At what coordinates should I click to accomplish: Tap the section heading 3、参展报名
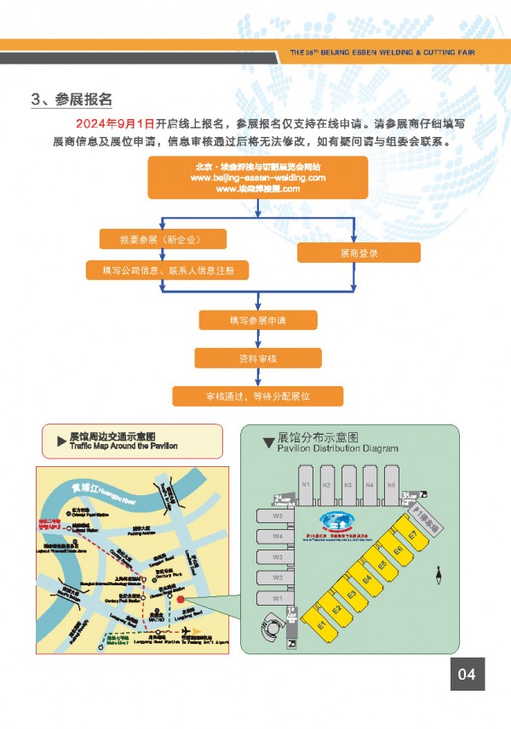tap(72, 100)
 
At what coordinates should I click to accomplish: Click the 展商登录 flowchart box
tap(359, 253)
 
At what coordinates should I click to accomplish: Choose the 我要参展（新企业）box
tap(162, 238)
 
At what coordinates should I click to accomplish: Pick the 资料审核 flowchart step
tap(258, 358)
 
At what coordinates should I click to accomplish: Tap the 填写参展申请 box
tap(258, 320)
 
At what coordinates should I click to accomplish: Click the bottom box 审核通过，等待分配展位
tap(258, 396)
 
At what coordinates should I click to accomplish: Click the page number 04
tap(467, 674)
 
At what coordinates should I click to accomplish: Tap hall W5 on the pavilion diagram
tap(278, 516)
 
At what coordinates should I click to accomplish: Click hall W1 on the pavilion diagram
tap(278, 599)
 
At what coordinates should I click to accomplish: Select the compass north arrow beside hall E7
tap(438, 577)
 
